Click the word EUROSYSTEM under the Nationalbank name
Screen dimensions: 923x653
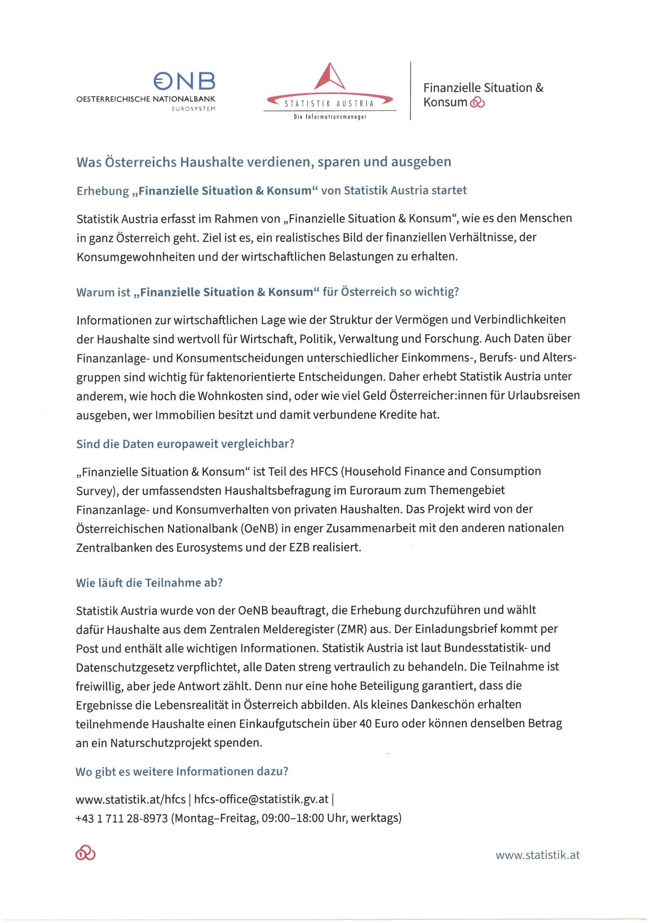tap(193, 109)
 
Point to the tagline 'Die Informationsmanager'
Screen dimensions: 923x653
tap(330, 117)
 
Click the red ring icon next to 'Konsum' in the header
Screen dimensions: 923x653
tap(477, 103)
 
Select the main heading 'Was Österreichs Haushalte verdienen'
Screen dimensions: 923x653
tap(264, 162)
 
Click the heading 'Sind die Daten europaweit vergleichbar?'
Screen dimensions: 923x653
tap(185, 444)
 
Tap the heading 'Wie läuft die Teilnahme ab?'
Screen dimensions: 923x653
tap(149, 583)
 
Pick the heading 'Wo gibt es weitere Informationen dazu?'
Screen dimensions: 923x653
tap(182, 771)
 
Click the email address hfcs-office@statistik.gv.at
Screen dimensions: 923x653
tap(261, 799)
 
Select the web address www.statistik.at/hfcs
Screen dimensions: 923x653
tap(130, 799)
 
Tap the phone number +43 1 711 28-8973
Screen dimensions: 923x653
tap(122, 818)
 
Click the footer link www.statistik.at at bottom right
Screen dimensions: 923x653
tap(538, 855)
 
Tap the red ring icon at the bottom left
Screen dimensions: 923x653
tap(85, 853)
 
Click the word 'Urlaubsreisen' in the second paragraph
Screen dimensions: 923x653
tap(544, 396)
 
